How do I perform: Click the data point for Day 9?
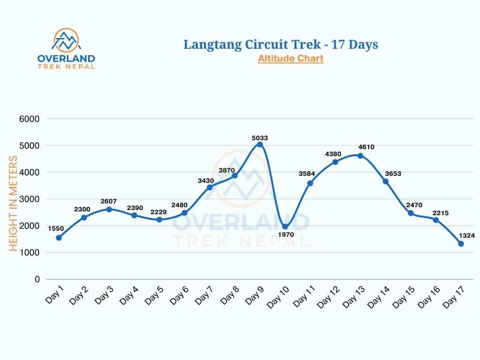tap(260, 144)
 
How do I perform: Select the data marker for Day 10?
tap(285, 226)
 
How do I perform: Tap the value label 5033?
tap(259, 138)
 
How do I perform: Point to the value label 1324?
tap(467, 235)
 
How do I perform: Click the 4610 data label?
tap(366, 147)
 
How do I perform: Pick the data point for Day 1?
tap(59, 238)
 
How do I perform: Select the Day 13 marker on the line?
tap(360, 156)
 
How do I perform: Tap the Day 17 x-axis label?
tap(453, 297)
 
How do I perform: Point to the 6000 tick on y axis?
tap(30, 119)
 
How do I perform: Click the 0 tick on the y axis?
tap(37, 279)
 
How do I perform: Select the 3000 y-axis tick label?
tap(30, 199)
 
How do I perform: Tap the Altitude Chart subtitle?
tap(290, 59)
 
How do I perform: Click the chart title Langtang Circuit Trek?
tap(280, 45)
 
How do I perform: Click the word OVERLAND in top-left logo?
tap(66, 59)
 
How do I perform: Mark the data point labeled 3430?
tap(210, 187)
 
